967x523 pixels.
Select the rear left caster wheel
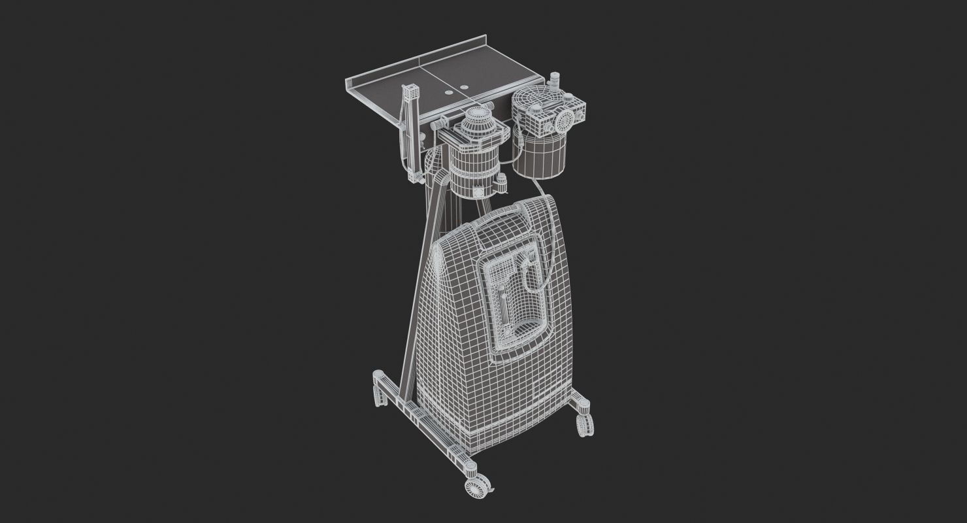[x=378, y=394]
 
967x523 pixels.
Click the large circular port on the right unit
[x=565, y=120]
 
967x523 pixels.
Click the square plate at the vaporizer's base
[x=478, y=192]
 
